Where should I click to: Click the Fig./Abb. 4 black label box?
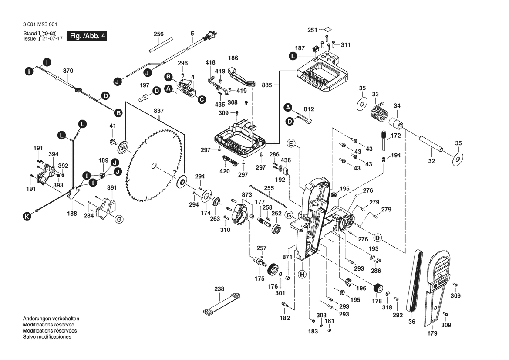(87, 36)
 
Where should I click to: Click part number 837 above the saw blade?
(158, 111)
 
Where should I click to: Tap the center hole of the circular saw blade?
(153, 165)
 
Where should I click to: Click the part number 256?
(158, 34)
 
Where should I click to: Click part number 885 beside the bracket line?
(267, 86)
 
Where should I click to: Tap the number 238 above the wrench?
(219, 289)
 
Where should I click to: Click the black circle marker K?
(27, 216)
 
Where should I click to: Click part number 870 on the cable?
(67, 70)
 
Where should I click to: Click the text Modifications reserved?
(48, 325)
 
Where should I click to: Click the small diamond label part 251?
(327, 30)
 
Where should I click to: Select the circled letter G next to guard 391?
(119, 219)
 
